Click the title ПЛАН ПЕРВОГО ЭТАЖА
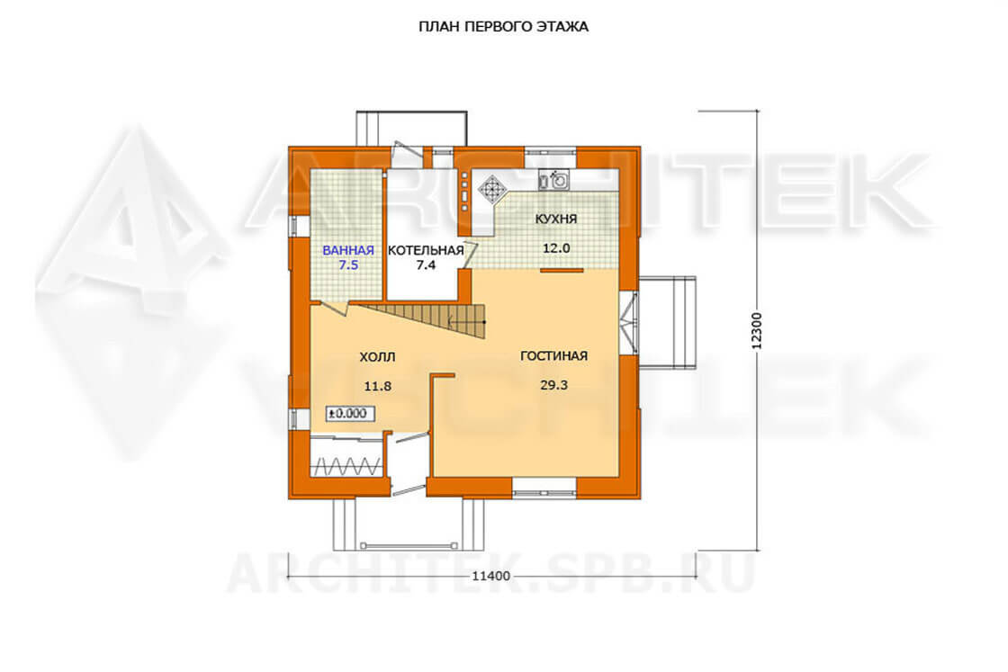[503, 27]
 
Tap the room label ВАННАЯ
[348, 251]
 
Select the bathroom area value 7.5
[348, 264]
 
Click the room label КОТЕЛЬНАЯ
[426, 251]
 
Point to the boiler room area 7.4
[426, 264]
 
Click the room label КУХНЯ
[556, 220]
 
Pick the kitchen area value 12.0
[556, 248]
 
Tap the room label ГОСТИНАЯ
[553, 356]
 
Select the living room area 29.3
[553, 385]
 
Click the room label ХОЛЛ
[377, 357]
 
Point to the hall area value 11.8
[377, 387]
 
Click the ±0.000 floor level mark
[350, 414]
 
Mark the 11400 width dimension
[491, 576]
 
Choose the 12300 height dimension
[756, 331]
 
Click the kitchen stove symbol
[493, 188]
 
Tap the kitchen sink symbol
[553, 180]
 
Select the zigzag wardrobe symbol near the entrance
[347, 466]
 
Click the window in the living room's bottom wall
[544, 487]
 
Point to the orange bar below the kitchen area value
[562, 271]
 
